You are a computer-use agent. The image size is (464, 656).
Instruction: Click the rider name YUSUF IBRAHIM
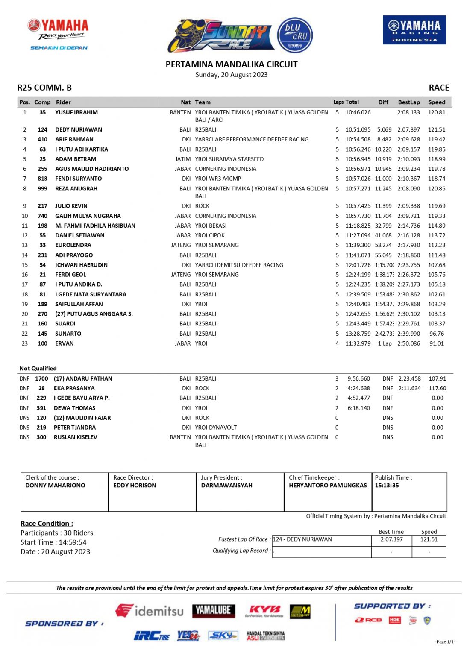(x=76, y=112)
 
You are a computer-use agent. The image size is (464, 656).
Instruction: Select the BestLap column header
(x=409, y=102)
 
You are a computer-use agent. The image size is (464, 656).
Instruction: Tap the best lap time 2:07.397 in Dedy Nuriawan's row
(x=408, y=129)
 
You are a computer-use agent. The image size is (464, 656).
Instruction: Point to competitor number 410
(x=42, y=139)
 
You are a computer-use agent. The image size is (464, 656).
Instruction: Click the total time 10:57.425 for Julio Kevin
(x=358, y=206)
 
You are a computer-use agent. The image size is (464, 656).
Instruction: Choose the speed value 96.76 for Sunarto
(x=437, y=334)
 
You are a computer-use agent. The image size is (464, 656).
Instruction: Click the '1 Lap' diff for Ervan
(x=385, y=343)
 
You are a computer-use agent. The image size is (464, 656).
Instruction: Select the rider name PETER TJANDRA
(x=75, y=428)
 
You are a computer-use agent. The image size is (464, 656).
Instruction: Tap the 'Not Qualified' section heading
(x=38, y=368)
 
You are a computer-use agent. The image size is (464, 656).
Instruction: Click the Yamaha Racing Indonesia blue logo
(x=414, y=30)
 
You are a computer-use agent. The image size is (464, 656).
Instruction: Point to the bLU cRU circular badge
(x=295, y=35)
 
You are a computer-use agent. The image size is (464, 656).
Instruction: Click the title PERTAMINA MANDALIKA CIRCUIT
(x=232, y=64)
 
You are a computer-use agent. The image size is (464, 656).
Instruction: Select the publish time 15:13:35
(x=387, y=486)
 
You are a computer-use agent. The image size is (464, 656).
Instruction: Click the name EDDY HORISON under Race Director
(x=135, y=486)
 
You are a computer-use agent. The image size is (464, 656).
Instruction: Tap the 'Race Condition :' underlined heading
(x=47, y=524)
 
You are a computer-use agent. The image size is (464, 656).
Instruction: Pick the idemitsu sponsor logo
(x=150, y=611)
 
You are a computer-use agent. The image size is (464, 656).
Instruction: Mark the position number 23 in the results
(x=25, y=343)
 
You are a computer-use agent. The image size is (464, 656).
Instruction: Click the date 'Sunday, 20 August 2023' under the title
(x=232, y=75)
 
